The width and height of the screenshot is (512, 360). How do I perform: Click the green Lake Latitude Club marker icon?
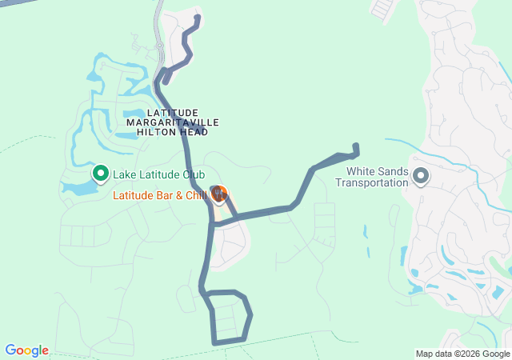point(102,172)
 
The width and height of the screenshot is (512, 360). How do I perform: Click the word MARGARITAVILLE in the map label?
point(172,122)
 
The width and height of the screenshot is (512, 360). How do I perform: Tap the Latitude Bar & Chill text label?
point(159,195)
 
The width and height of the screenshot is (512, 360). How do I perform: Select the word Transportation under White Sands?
point(371,182)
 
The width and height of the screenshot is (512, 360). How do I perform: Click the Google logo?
point(26,350)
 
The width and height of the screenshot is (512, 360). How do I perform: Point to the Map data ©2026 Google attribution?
point(462,354)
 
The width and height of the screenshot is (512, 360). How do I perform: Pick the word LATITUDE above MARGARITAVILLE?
point(172,112)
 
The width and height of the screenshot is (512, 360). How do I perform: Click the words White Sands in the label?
point(377,171)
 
